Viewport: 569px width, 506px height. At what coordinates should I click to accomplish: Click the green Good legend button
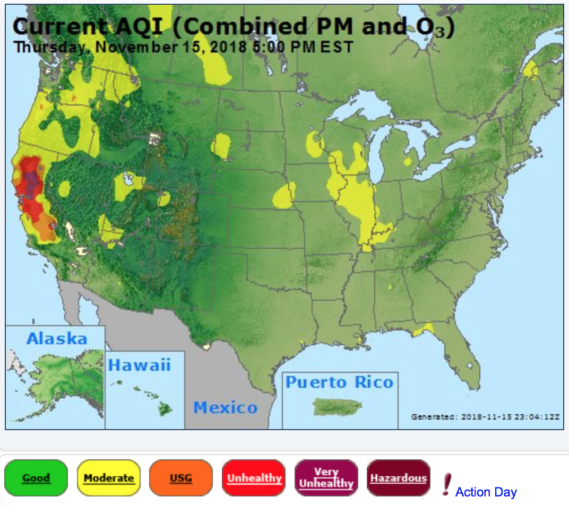coord(36,478)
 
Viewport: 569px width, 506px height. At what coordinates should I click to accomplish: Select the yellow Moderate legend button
coord(109,478)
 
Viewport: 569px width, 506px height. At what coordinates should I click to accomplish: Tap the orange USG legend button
coord(181,478)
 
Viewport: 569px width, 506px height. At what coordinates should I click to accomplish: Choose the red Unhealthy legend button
coord(254,478)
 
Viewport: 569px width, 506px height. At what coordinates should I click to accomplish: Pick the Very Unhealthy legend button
coord(326,478)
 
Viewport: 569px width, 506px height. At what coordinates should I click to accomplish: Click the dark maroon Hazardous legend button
coord(398,478)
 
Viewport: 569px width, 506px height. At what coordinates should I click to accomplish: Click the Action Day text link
coord(486,492)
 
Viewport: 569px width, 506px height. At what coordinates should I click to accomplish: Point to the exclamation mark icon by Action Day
coord(446,484)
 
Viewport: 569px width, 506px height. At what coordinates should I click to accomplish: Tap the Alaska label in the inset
coord(56,338)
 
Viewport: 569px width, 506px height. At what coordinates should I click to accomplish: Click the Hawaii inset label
coord(140,365)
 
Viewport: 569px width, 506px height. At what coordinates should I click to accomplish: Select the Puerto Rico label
coord(340,382)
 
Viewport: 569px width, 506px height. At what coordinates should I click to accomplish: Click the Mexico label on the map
coord(225,407)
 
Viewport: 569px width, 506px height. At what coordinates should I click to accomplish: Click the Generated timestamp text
coord(485,417)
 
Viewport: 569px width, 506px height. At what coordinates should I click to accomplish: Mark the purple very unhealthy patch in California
coord(32,180)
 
